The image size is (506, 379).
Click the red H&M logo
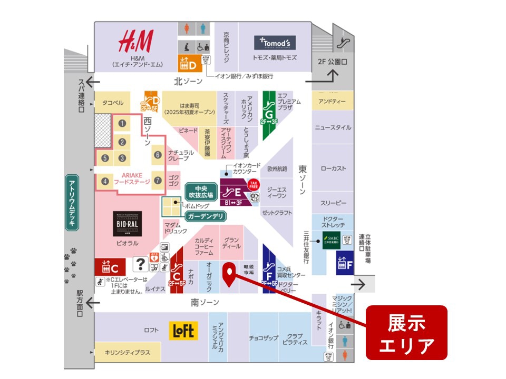136,41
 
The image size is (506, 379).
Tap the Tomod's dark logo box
275,43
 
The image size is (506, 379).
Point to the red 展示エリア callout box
406,333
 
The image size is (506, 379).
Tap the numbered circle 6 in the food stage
157,155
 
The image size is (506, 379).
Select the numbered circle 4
105,181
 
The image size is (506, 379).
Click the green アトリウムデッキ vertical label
72,203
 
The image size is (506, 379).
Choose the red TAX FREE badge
254,184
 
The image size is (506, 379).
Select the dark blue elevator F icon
344,263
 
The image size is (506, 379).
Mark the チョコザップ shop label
264,338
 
